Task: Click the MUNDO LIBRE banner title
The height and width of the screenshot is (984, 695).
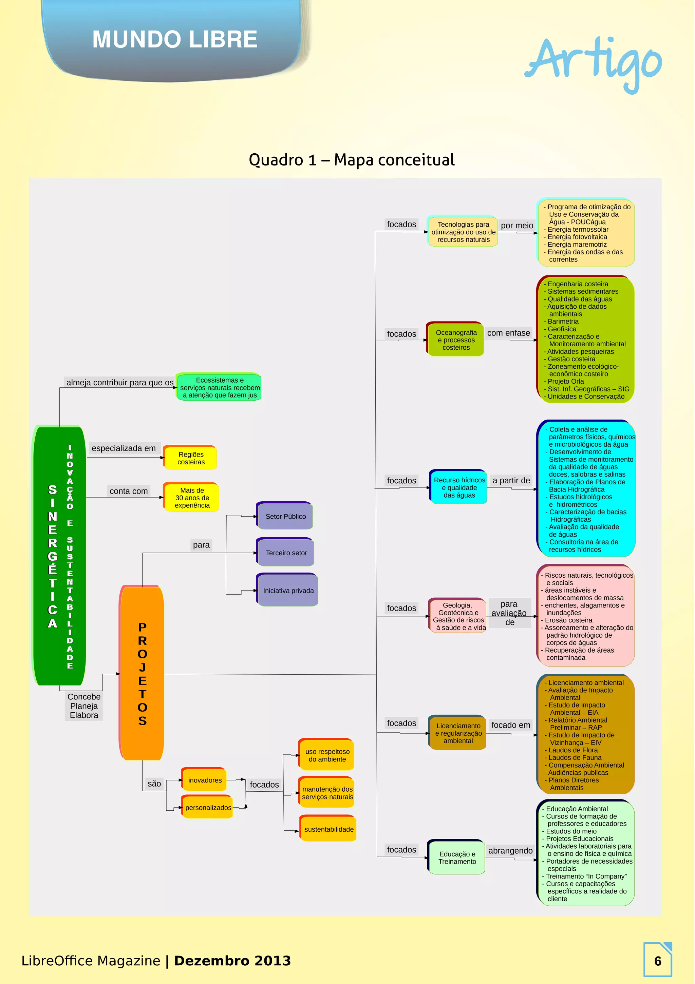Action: point(174,39)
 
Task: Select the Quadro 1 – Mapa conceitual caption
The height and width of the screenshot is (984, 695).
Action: point(351,160)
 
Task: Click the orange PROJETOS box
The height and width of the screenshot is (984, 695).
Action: point(142,673)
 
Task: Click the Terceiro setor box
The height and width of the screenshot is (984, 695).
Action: point(286,553)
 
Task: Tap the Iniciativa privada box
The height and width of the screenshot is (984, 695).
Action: point(288,591)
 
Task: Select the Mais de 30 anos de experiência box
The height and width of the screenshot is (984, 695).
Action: point(192,498)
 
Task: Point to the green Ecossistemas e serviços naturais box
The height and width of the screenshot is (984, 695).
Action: point(220,387)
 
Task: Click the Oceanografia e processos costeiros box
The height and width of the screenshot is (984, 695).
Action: point(456,340)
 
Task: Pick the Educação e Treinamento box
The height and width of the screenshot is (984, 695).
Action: point(457,857)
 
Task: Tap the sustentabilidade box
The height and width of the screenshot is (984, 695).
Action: point(328,829)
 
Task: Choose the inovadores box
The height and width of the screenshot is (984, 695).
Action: point(205,780)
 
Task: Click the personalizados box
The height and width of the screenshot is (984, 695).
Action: point(208,807)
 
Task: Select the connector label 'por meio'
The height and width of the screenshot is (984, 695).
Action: point(516,226)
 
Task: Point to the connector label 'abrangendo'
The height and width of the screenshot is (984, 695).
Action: point(510,851)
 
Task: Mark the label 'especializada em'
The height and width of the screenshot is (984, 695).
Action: point(124,448)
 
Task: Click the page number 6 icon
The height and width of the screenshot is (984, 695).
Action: point(657,961)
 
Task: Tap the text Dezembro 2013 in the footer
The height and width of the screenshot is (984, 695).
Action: point(232,961)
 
